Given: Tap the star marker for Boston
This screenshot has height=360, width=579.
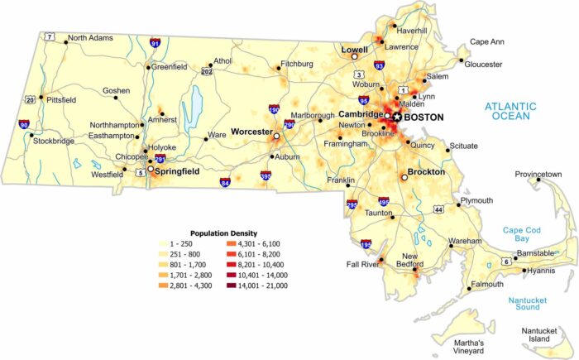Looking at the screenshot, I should pos(397,118).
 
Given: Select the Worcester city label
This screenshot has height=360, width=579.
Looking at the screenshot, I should pos(251,132).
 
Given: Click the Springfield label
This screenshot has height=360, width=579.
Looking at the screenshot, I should pos(178,171).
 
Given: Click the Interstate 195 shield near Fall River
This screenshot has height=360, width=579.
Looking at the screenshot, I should pos(366,245).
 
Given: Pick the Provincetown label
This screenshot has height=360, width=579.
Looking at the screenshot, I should pos(538,175).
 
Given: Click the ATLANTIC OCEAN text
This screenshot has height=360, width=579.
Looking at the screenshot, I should pos(510,111).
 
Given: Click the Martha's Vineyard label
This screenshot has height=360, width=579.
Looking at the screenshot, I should pos(474,348).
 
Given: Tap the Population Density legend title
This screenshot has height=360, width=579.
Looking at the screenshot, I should pos(223,233).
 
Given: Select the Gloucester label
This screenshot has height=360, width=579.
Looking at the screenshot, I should pos(484,64).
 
